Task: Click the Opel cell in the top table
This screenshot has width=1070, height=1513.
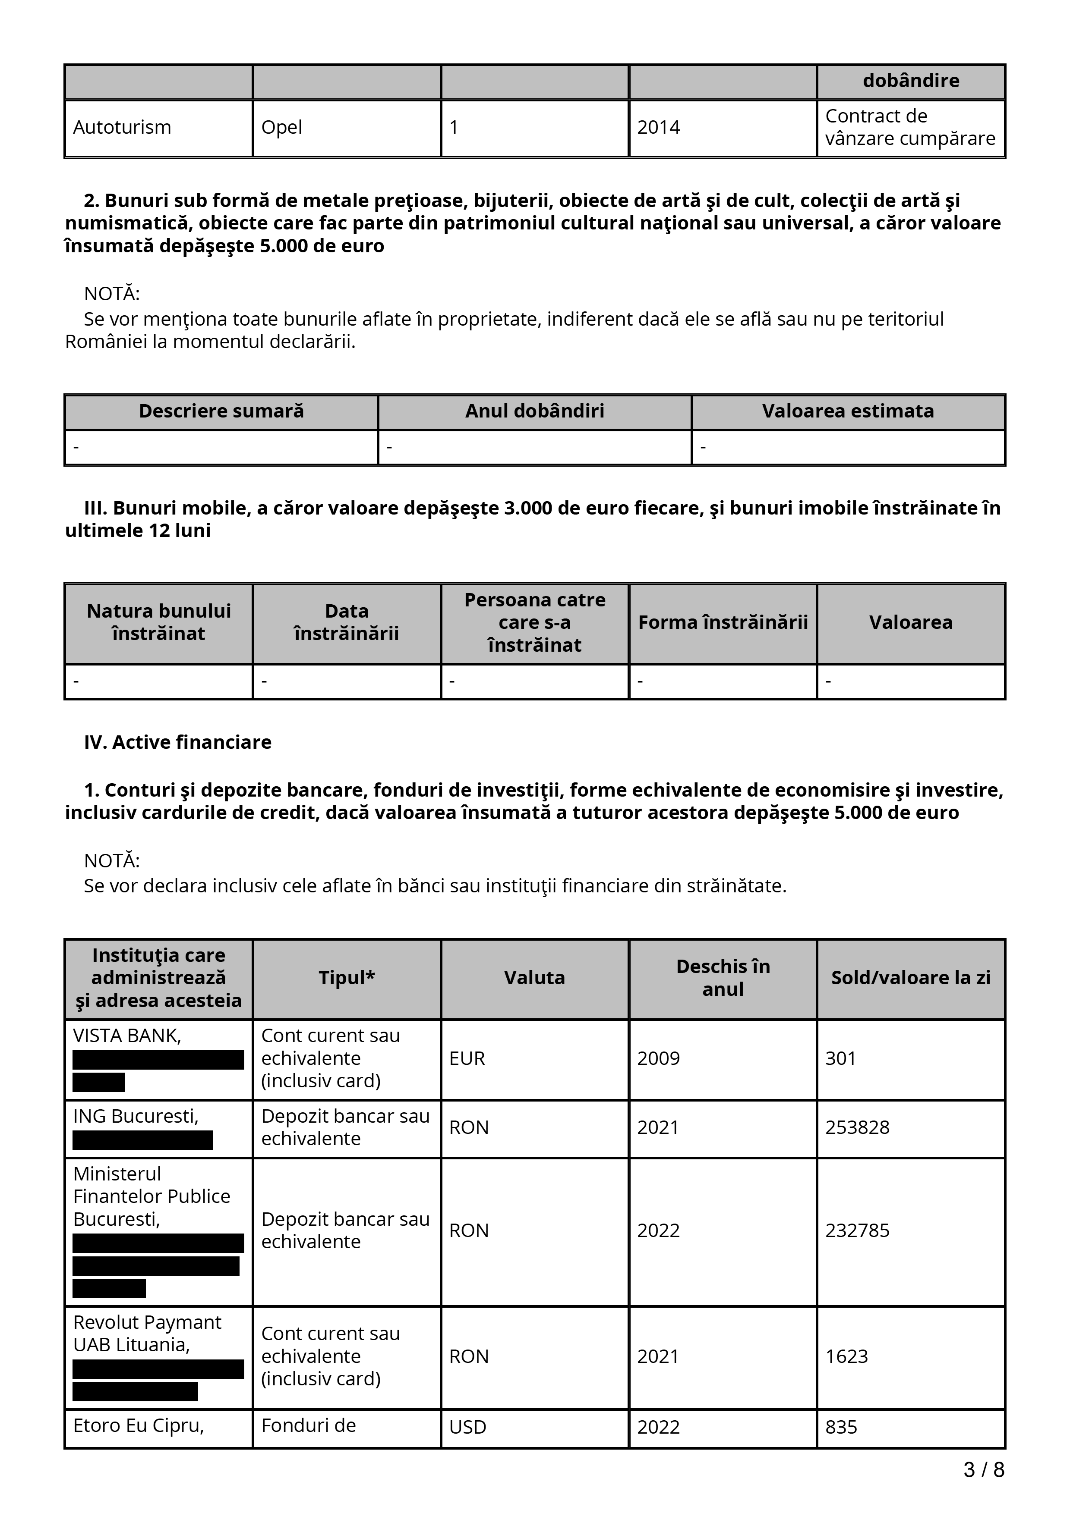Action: pyautogui.click(x=281, y=127)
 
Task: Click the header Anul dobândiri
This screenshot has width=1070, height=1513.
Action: pyautogui.click(x=535, y=411)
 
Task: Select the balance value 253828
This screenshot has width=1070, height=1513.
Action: pyautogui.click(x=857, y=1127)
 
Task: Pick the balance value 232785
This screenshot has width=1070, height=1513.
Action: pyautogui.click(x=857, y=1230)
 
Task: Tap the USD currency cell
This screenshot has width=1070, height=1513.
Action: pyautogui.click(x=467, y=1427)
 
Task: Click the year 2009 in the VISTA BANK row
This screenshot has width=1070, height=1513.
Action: pyautogui.click(x=658, y=1058)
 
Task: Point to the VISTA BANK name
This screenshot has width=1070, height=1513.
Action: pyautogui.click(x=126, y=1036)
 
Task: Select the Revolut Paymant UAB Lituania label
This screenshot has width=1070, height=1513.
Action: pyautogui.click(x=147, y=1334)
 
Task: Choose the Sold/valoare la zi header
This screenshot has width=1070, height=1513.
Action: pyautogui.click(x=910, y=978)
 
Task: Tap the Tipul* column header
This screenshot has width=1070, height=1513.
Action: pyautogui.click(x=347, y=978)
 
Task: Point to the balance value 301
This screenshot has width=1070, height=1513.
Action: pyautogui.click(x=840, y=1058)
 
